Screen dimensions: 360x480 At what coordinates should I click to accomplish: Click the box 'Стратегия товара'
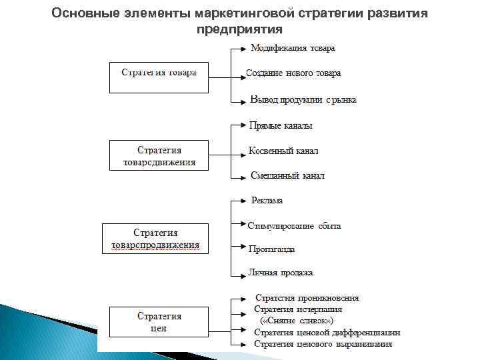(x=159, y=78)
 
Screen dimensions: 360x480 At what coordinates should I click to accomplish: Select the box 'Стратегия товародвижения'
(x=159, y=156)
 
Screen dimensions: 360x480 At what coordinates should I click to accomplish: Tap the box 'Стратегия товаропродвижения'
(x=155, y=239)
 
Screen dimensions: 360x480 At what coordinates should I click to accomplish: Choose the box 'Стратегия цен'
(x=159, y=321)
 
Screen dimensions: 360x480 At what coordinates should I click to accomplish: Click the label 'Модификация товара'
(x=293, y=48)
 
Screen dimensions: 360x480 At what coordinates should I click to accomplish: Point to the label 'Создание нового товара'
(x=293, y=73)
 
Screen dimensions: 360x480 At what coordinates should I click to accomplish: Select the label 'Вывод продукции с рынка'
(x=303, y=100)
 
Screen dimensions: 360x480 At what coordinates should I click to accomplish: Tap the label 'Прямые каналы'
(x=280, y=125)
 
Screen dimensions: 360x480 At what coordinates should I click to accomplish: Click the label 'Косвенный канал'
(x=283, y=151)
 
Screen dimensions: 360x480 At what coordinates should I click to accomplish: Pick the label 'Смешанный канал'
(x=287, y=177)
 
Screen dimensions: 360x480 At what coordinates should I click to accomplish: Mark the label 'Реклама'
(x=267, y=201)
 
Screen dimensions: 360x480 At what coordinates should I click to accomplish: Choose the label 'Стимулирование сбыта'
(x=294, y=227)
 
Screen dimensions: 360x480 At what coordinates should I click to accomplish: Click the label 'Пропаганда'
(x=271, y=249)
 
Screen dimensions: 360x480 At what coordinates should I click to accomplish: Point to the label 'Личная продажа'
(x=281, y=273)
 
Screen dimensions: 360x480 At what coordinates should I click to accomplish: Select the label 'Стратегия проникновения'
(x=307, y=298)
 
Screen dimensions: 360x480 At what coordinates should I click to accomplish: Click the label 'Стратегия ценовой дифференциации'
(x=327, y=332)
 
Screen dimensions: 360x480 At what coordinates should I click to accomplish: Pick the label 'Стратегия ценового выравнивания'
(x=323, y=344)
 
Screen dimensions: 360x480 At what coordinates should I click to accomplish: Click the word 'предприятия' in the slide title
(x=240, y=30)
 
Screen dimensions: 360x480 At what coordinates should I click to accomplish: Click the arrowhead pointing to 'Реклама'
(x=243, y=199)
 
